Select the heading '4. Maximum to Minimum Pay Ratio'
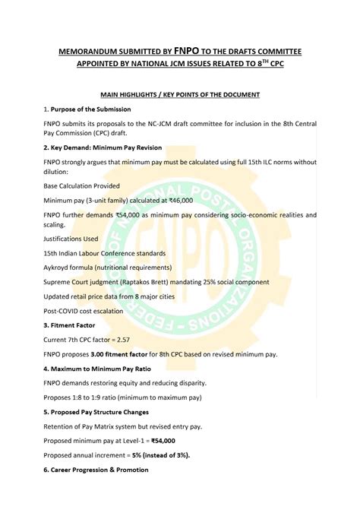101,369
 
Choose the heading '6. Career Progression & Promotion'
96,470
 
